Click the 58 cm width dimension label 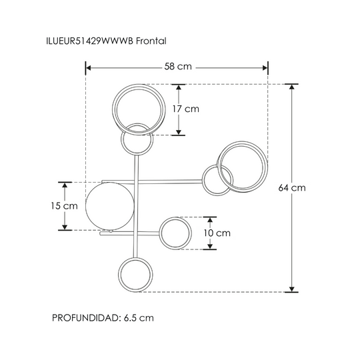pos(178,67)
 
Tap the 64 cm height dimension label pos(292,188)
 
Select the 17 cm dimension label pos(186,109)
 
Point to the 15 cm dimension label pos(64,206)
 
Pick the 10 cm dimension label pos(217,233)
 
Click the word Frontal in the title pos(151,41)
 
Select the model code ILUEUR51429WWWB pos(89,41)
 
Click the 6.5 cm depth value pos(139,318)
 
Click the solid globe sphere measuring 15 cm pos(109,206)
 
